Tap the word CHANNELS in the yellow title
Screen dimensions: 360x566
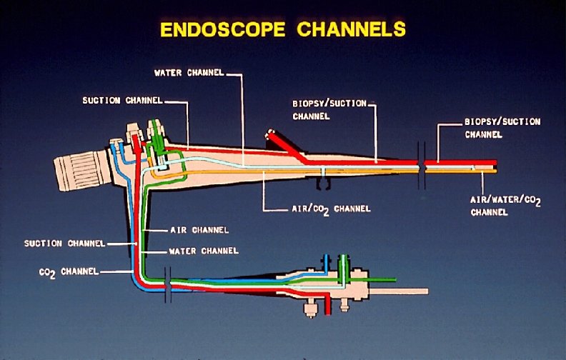(x=350, y=29)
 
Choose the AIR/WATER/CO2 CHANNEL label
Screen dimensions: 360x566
(x=505, y=206)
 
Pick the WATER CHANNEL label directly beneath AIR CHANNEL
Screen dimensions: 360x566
(x=203, y=251)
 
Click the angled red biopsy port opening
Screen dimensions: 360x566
(x=270, y=134)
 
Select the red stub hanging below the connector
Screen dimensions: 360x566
(x=328, y=306)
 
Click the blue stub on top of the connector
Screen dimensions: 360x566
(x=325, y=261)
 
